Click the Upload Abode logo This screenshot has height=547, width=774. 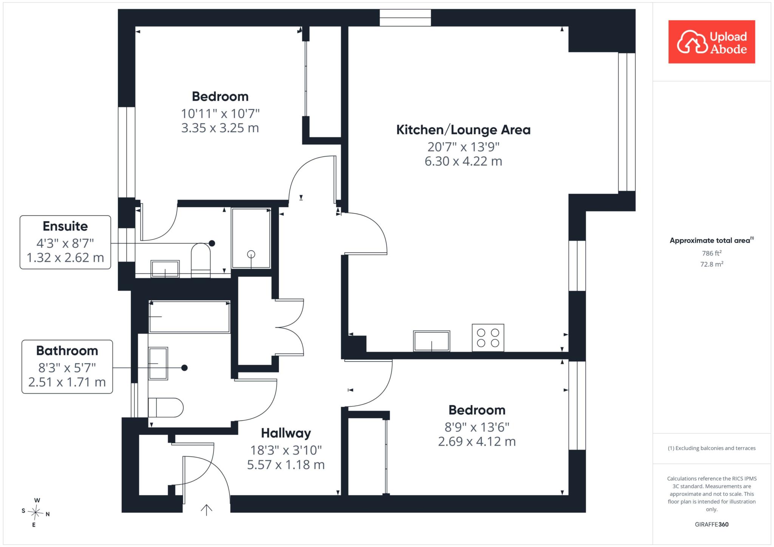712,42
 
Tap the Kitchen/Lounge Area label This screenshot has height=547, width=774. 463,130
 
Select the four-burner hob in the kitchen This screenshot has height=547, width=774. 488,338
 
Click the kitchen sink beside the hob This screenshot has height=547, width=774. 432,341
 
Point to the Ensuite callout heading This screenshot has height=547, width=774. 65,226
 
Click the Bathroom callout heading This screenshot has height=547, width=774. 67,351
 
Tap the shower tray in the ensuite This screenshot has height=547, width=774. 251,238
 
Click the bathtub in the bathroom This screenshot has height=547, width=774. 189,317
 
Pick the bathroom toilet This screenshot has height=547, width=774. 166,407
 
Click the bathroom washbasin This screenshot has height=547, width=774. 158,364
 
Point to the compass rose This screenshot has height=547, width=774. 36,513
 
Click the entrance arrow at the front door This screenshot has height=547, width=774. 206,510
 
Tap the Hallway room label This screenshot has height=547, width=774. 286,433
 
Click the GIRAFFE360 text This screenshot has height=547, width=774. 712,524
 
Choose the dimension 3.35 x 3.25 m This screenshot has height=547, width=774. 220,128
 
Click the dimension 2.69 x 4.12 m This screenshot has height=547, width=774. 477,441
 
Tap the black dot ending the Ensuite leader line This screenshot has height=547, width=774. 212,243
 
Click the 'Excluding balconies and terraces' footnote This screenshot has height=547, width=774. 712,448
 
